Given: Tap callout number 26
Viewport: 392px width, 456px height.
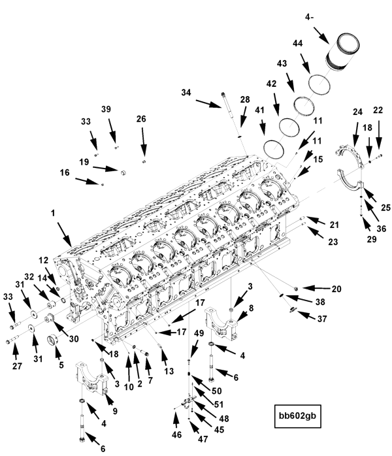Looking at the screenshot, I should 141,118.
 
